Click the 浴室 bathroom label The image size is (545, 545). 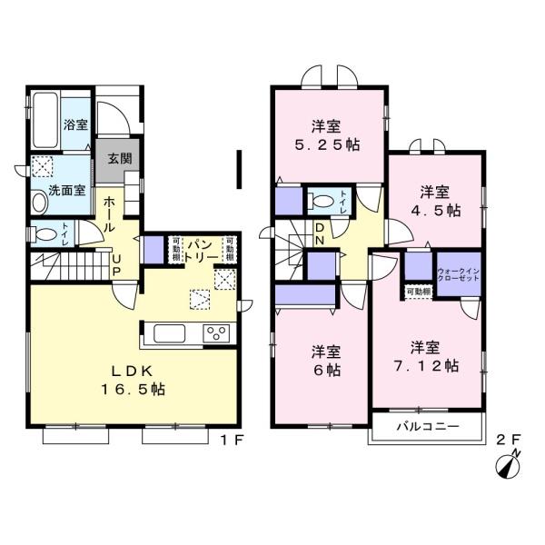[75, 125]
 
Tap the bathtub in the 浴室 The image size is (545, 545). [45, 122]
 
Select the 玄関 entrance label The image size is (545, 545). [119, 159]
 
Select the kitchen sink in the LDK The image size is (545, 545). [170, 333]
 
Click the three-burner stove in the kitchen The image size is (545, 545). [216, 332]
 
